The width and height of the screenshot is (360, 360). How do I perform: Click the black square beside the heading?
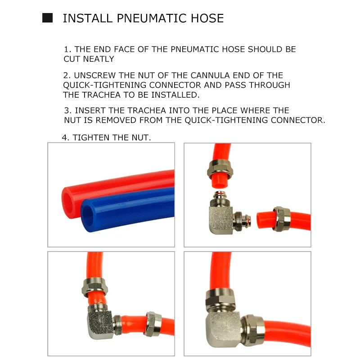tap(48, 18)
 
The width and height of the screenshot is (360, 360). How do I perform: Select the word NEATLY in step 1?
tap(99, 59)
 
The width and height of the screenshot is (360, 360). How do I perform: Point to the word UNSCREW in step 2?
tap(95, 75)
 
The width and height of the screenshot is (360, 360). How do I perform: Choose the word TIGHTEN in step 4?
tap(91, 138)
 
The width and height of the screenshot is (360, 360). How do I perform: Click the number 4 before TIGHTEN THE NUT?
tap(64, 138)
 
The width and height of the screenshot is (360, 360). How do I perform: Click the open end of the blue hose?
tap(88, 216)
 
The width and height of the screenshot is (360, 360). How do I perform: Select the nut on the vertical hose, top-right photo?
tap(220, 169)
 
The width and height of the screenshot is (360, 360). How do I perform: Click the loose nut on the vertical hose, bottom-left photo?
tap(94, 287)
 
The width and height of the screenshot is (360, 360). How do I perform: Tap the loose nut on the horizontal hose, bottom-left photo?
tap(153, 324)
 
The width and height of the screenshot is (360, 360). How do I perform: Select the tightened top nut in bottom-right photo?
tap(220, 299)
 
